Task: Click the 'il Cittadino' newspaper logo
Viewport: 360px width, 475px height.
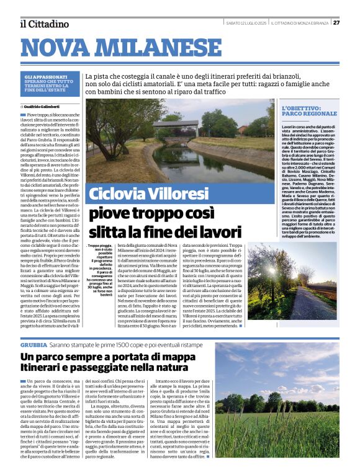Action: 44,24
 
